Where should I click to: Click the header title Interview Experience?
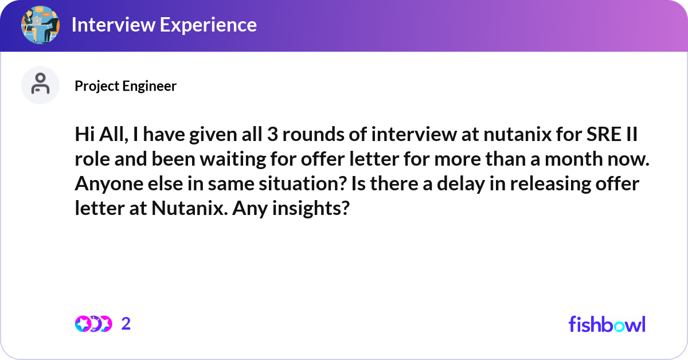(x=164, y=25)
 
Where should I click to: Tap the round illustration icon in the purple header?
(x=40, y=25)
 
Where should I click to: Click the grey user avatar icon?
(x=40, y=85)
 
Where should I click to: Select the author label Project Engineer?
(x=126, y=86)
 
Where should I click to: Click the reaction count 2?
(x=126, y=324)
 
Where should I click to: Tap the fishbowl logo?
(x=607, y=324)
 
